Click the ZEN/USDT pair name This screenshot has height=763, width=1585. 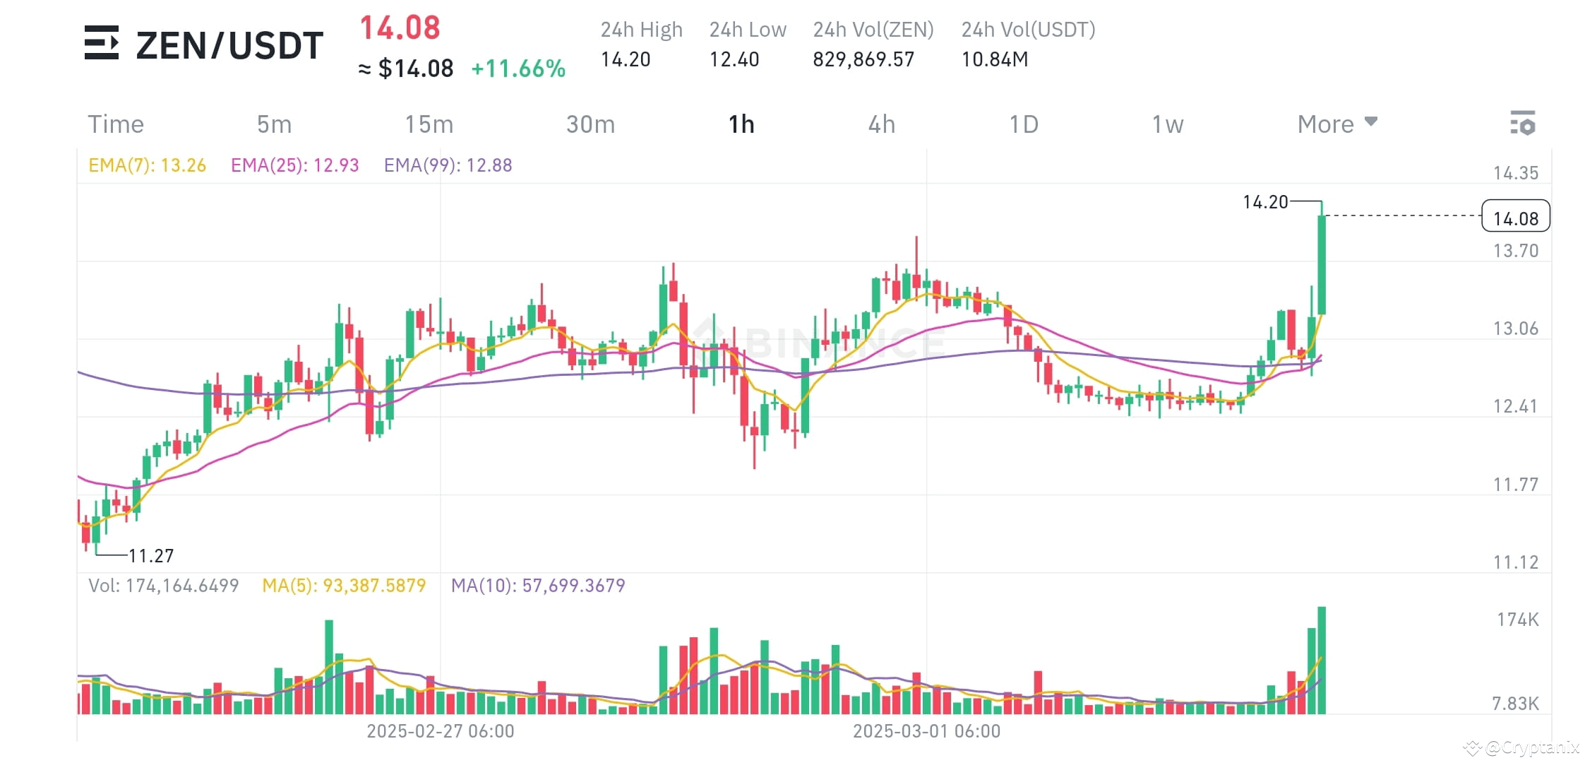coord(229,45)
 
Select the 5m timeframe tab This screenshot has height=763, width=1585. coord(274,124)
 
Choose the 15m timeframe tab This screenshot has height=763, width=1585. coord(429,124)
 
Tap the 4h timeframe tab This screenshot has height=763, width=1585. coord(881,124)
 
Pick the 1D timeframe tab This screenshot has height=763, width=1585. coord(1023,124)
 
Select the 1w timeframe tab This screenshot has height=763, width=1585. coord(1167,124)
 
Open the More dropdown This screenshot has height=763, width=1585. coord(1336,124)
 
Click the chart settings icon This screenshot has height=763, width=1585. coord(1522,123)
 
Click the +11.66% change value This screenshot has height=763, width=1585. coord(518,69)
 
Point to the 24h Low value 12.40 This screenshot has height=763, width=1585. coord(734,59)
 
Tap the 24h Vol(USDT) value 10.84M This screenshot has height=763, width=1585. coord(994,59)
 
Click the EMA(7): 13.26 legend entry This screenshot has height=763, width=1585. coord(147,165)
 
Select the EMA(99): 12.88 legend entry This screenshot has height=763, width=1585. coord(448,165)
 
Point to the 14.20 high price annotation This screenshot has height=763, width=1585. coord(1264,202)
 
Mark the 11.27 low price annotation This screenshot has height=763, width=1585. coord(150,556)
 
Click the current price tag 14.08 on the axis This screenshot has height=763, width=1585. coord(1515,218)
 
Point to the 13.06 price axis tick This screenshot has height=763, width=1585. coord(1515,329)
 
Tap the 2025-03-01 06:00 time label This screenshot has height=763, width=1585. coord(926,731)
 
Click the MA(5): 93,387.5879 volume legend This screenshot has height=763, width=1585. coord(344,586)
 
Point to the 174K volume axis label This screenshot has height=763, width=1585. coord(1517,620)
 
